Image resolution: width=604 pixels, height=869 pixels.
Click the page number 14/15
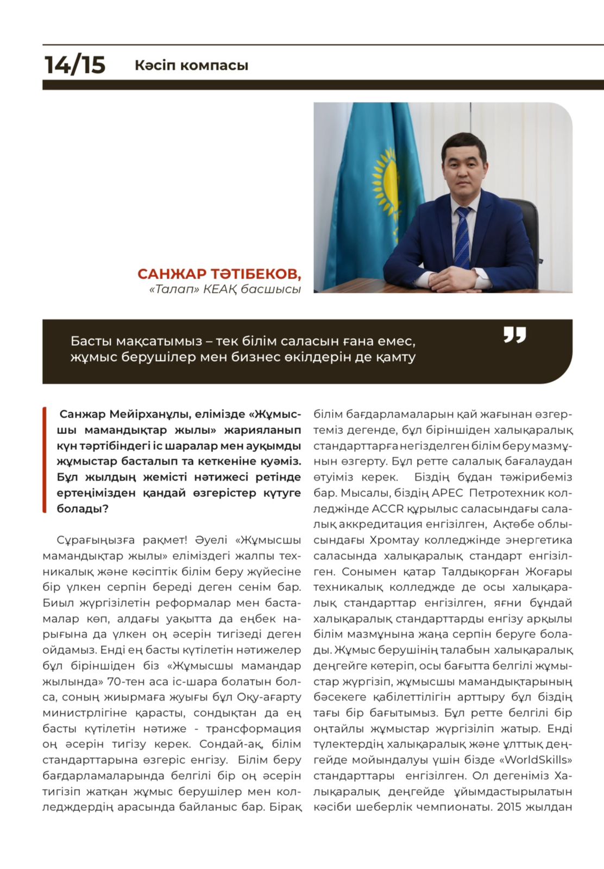tap(74, 65)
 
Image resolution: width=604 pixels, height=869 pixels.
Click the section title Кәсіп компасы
tap(191, 65)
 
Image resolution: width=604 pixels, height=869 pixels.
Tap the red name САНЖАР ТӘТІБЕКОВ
tap(218, 273)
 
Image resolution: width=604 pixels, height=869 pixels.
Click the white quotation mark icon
tap(514, 335)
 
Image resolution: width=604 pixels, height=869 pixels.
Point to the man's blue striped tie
tap(462, 236)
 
